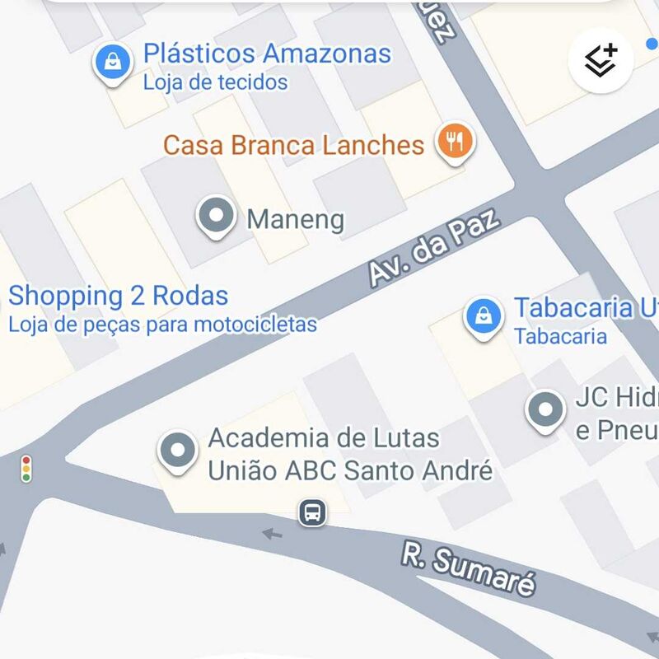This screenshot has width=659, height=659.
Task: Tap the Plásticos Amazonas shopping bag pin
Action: point(113,63)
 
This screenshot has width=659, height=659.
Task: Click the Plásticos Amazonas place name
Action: point(267,54)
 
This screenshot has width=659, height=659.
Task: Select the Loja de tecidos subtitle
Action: point(215,82)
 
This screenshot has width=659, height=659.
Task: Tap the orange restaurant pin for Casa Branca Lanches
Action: point(452,141)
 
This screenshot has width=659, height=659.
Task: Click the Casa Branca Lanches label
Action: point(293,146)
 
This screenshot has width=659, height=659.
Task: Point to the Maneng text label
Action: point(295,220)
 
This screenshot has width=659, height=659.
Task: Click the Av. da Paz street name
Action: point(434,248)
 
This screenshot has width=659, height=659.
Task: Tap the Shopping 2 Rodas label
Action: point(118,296)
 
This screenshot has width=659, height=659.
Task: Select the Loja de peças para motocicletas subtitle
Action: point(162,325)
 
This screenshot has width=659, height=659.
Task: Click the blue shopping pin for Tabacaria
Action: point(484,316)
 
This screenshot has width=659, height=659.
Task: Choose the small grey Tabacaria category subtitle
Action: point(560,336)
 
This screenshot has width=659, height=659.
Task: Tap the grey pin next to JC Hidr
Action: point(544,409)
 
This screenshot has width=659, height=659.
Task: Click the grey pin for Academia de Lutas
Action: point(178,451)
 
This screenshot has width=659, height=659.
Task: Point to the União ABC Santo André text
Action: point(349,470)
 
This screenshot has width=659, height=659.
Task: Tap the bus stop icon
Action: point(312,512)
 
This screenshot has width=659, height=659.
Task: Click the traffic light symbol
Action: point(27,468)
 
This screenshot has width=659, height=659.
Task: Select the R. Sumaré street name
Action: point(469,568)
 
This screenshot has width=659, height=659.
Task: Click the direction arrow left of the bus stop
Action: point(273,534)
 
